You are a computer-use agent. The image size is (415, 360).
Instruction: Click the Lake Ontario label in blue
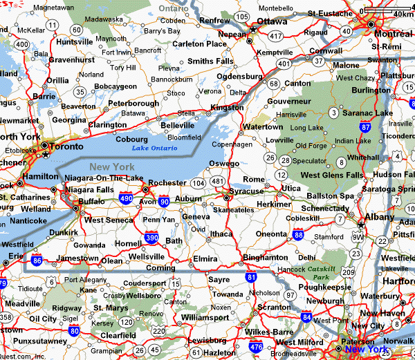[151, 148]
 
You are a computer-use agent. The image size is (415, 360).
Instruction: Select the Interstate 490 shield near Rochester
[126, 198]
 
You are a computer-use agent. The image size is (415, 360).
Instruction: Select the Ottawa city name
[272, 21]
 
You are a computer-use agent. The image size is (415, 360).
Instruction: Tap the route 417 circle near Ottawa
[277, 35]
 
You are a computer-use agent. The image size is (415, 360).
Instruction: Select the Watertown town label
[261, 127]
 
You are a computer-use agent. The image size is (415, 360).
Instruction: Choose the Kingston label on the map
[227, 107]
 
